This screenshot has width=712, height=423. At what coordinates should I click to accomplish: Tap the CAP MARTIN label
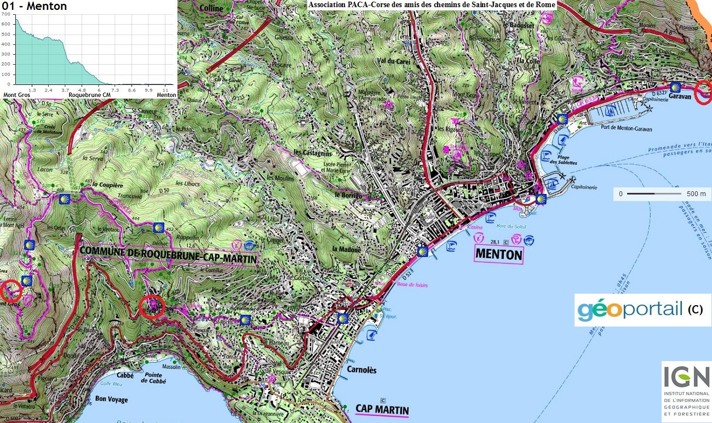tap(382, 409)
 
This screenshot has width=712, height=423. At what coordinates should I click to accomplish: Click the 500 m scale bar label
tap(696, 194)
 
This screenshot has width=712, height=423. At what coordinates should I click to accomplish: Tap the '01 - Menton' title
tap(35, 7)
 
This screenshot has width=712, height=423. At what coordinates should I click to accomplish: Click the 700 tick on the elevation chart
tap(6, 13)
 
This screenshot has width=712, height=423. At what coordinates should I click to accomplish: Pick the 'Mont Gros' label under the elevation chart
tap(16, 95)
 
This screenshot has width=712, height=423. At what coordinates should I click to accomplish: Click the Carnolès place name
tap(361, 370)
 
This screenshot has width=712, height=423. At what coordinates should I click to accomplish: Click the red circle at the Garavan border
tap(703, 92)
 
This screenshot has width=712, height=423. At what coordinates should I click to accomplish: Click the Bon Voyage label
tap(111, 399)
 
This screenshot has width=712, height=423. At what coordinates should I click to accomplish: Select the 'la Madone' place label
tap(347, 249)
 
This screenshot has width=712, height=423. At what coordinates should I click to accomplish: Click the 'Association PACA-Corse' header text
tap(432, 5)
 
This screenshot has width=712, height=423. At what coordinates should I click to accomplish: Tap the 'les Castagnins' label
tap(311, 152)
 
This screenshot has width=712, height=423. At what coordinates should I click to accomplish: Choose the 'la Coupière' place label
tap(106, 185)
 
